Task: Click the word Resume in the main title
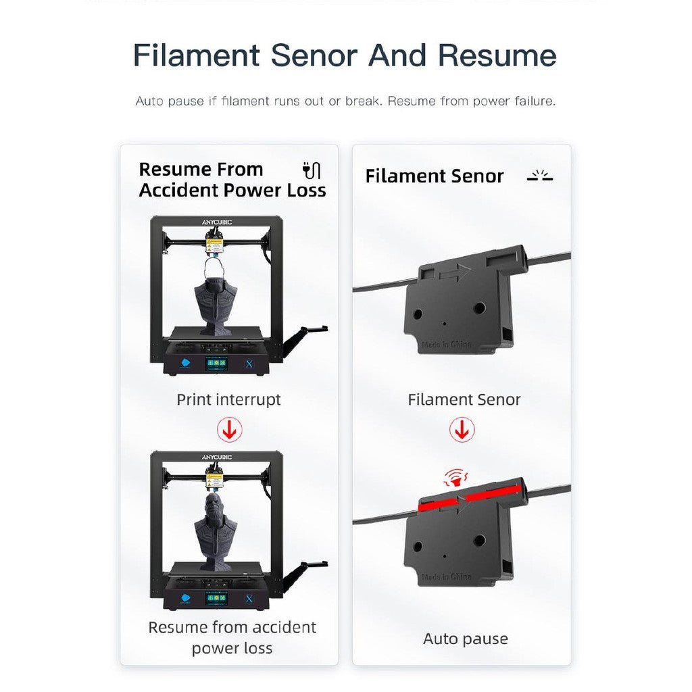(x=497, y=55)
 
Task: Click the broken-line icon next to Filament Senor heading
(x=540, y=176)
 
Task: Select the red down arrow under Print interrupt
(x=230, y=429)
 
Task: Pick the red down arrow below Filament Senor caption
(x=462, y=429)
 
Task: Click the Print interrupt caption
(x=228, y=400)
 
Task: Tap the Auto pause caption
(x=466, y=639)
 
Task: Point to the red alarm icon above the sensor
(x=456, y=478)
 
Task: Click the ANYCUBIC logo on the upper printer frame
(x=217, y=222)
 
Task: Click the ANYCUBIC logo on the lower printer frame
(x=217, y=457)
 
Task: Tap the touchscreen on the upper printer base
(x=218, y=364)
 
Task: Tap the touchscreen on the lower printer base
(x=218, y=599)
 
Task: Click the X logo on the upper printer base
(x=249, y=364)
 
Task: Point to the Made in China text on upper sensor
(x=446, y=344)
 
